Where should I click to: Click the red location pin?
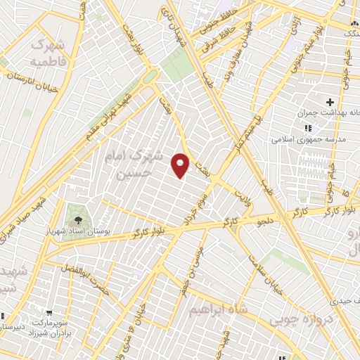click(x=181, y=165)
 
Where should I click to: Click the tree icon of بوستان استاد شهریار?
click(x=77, y=217)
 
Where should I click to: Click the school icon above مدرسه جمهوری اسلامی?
click(x=307, y=129)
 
